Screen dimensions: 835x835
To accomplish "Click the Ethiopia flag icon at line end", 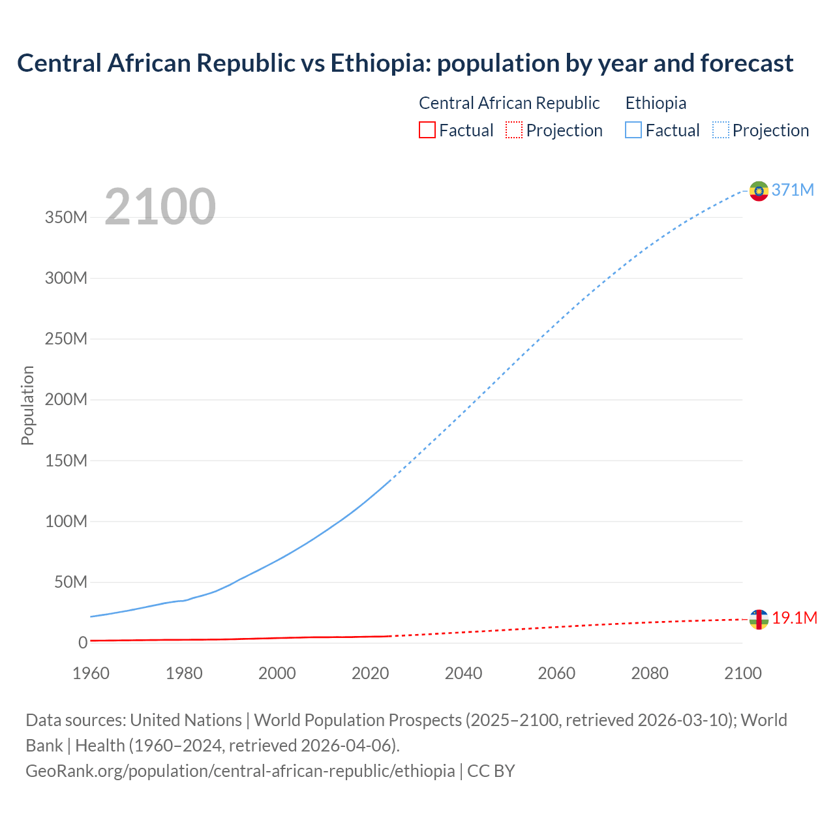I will click(x=759, y=191).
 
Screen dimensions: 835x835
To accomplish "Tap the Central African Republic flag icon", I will click(x=759, y=619).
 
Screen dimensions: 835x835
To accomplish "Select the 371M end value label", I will click(x=793, y=190).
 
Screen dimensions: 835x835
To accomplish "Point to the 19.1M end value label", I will click(x=795, y=618).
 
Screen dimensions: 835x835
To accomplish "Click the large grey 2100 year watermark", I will click(x=160, y=207).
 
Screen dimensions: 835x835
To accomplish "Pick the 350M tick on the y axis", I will click(x=66, y=217).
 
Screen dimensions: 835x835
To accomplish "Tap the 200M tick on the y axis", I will click(x=66, y=400).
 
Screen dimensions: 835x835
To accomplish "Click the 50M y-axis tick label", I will click(x=70, y=582).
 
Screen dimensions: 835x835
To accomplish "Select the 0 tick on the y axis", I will click(x=82, y=643).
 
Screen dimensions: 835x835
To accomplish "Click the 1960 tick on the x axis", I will click(x=91, y=673).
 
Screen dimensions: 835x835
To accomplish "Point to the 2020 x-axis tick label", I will click(x=370, y=673).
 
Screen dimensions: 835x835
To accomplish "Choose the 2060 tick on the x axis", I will click(x=556, y=673).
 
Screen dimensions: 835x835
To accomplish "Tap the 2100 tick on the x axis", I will click(x=742, y=673).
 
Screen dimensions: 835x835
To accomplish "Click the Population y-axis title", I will click(x=27, y=405).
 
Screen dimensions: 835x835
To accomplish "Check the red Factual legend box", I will click(x=427, y=130).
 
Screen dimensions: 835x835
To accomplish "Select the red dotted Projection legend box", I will click(x=514, y=130).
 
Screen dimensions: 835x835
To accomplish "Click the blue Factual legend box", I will click(x=633, y=130).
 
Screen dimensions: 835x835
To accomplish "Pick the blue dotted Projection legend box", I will click(x=721, y=130).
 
